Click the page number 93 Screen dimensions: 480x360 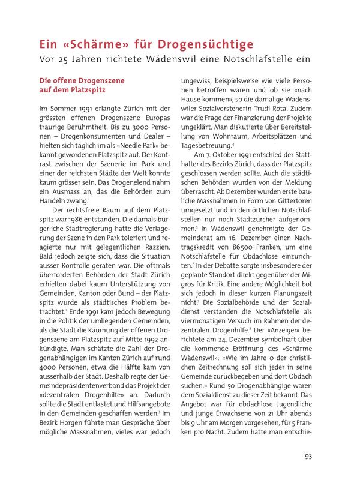[x=308, y=457]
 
